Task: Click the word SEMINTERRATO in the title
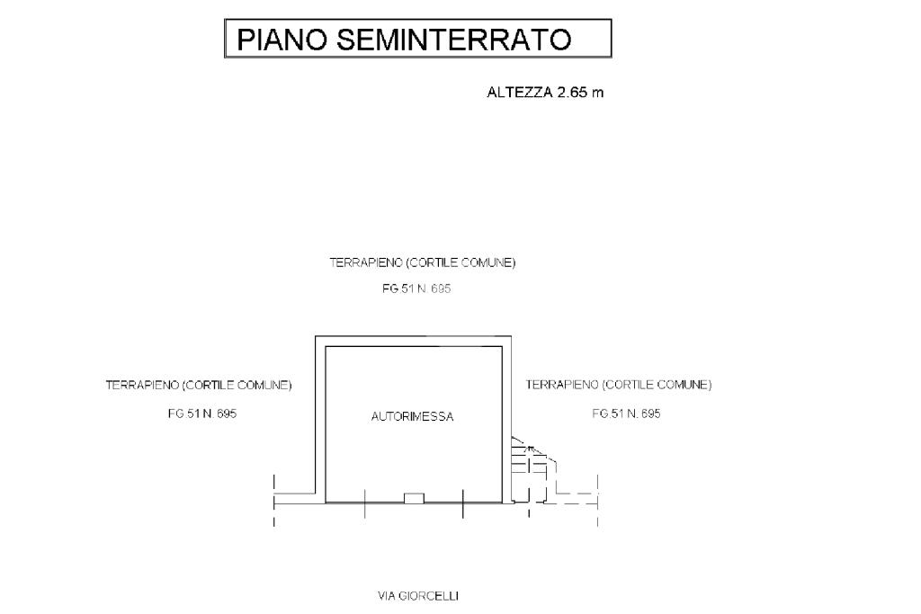tap(454, 40)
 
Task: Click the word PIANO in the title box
tap(283, 40)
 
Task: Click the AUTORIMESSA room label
tap(412, 416)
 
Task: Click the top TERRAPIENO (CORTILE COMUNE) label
tap(423, 263)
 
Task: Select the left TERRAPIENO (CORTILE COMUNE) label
tap(199, 385)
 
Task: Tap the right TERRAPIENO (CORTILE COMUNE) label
tap(618, 385)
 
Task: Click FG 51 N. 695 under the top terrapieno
tap(416, 290)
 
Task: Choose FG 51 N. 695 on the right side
tap(626, 414)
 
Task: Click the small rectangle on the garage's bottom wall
tap(413, 497)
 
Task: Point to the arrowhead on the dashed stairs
tap(531, 446)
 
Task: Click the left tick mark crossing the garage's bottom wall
tap(364, 503)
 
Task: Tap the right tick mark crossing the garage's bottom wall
tap(462, 503)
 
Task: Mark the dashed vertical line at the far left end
tap(273, 502)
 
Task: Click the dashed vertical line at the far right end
tap(598, 502)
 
